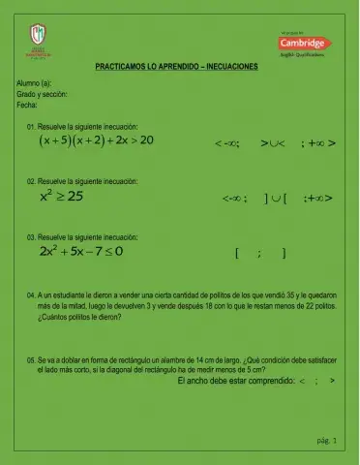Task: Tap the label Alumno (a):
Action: pyautogui.click(x=35, y=85)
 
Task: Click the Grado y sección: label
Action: pyautogui.click(x=43, y=95)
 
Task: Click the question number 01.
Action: pyautogui.click(x=32, y=127)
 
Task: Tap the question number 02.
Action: pyautogui.click(x=32, y=181)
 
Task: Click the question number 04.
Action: pyautogui.click(x=32, y=292)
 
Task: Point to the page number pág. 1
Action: pyautogui.click(x=326, y=441)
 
